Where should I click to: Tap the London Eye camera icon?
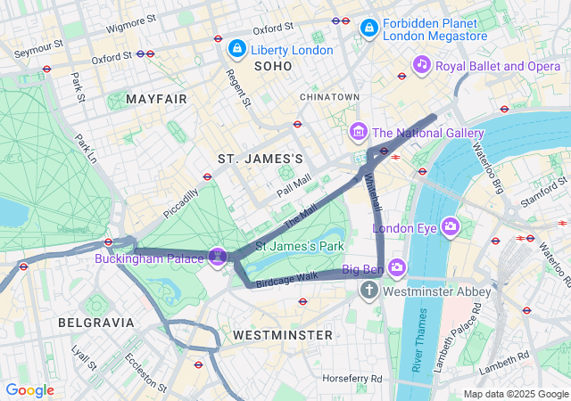451,227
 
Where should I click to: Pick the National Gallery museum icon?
359,133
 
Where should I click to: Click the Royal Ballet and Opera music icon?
422,64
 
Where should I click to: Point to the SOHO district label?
273,67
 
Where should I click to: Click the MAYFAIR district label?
157,99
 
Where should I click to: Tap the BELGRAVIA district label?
95,322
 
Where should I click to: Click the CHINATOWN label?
329,96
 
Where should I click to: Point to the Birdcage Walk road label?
286,277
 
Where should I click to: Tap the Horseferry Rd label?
352,378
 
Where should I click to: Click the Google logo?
29,390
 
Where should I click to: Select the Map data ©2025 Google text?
515,394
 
